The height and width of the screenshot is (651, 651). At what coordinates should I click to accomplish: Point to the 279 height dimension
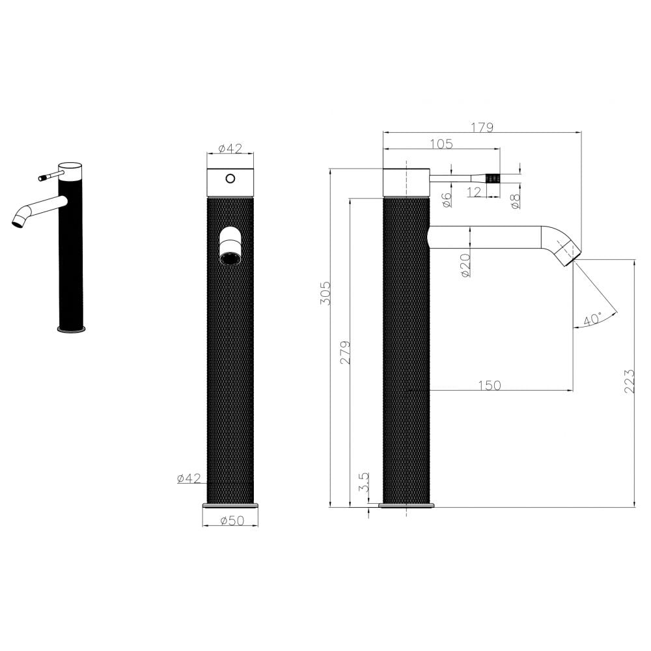(x=346, y=352)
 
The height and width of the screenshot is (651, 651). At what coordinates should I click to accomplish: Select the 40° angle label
(x=592, y=320)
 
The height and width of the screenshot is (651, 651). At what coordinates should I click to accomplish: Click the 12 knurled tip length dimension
(x=475, y=192)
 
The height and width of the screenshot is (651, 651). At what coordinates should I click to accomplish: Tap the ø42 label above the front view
(x=230, y=148)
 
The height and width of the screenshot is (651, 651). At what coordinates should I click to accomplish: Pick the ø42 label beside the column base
(x=189, y=479)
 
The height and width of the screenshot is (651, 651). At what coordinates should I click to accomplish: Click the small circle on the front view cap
(x=230, y=178)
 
